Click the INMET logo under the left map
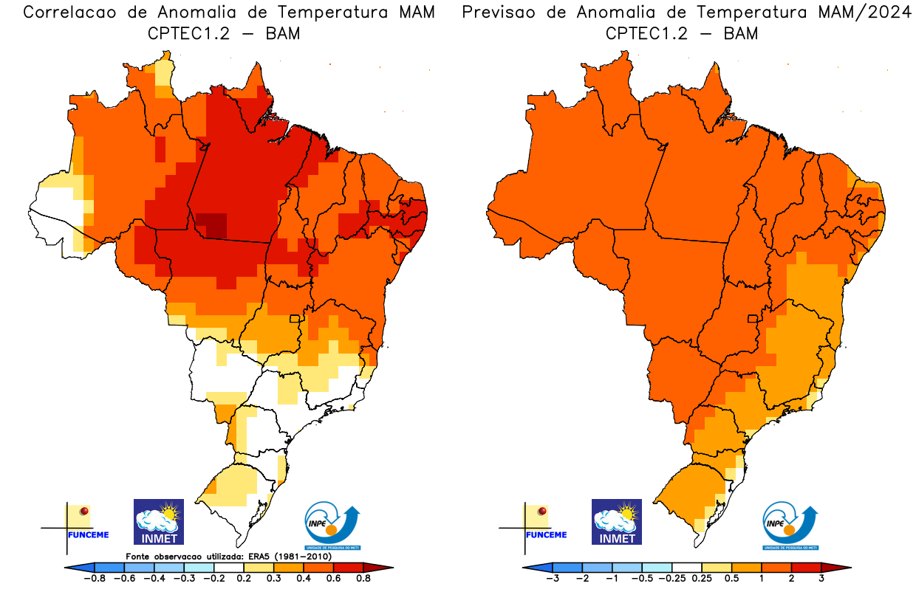(158, 521)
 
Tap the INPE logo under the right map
(790, 525)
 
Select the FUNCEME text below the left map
(87, 534)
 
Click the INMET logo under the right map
(617, 521)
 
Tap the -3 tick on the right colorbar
(552, 579)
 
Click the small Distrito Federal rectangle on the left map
(295, 318)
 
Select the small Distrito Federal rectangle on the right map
(753, 318)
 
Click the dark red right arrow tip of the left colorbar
(386, 567)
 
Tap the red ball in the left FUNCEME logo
(84, 511)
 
